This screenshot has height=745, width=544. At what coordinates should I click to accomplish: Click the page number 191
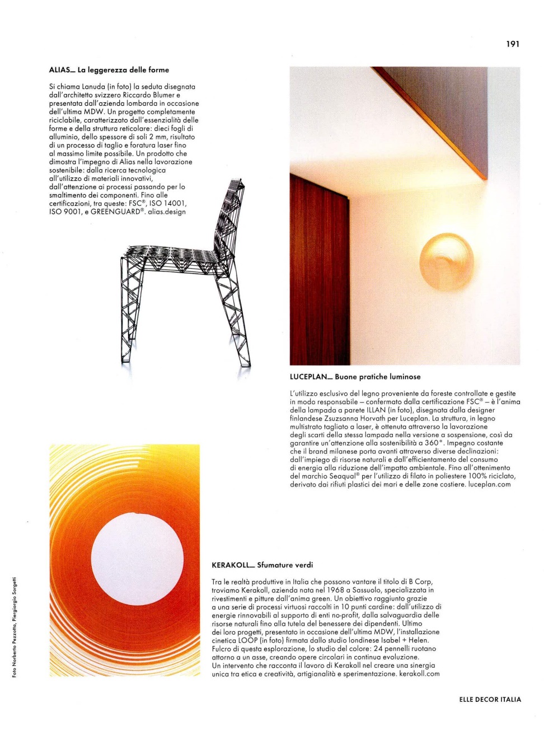click(x=513, y=44)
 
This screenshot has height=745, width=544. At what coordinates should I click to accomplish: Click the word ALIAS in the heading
click(x=60, y=70)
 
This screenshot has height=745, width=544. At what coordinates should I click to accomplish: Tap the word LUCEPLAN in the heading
click(x=308, y=377)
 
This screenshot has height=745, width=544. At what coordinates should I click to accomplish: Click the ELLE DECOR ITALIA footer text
click(x=490, y=699)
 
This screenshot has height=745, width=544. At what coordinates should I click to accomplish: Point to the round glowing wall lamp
click(x=447, y=262)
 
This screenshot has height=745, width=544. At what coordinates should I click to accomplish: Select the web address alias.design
click(x=167, y=212)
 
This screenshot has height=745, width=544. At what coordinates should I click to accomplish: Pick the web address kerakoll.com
click(x=419, y=674)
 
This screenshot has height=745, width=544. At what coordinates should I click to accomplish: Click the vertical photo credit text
click(x=15, y=627)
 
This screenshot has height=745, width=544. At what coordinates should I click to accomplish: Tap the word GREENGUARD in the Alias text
click(x=117, y=212)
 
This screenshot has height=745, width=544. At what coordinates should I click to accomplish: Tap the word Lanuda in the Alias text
click(x=93, y=87)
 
